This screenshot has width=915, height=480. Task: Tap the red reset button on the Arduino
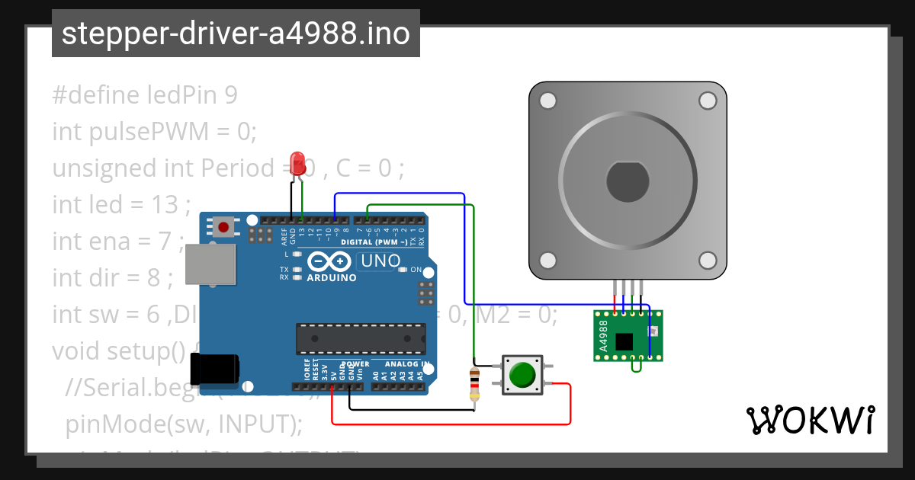pos(224,226)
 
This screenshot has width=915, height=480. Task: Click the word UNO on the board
pos(382,261)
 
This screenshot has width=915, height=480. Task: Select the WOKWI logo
pos(810,420)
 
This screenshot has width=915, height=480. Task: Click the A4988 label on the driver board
pos(603,335)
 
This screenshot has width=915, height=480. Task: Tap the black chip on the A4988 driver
pos(624,341)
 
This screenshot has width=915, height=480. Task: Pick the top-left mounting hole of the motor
pos(547,101)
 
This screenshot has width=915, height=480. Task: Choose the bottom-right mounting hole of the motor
pos(707,260)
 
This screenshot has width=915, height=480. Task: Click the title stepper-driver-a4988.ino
pos(236,34)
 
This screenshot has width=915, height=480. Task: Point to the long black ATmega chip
pos(361,339)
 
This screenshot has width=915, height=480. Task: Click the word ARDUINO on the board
pos(332,277)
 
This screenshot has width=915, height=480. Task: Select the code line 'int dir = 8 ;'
pos(113,278)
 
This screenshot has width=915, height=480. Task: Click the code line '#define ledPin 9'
pos(145,95)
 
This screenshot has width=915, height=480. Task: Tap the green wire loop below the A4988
pos(636,367)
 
